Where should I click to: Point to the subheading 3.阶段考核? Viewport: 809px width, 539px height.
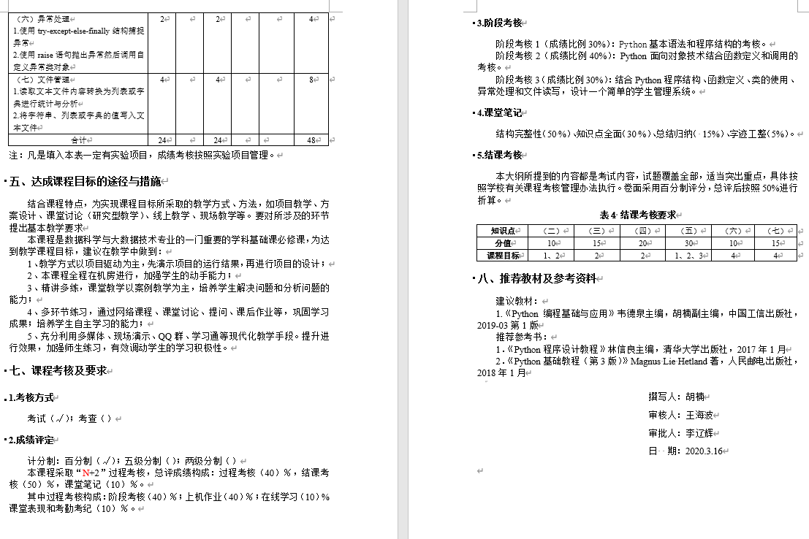[500, 23]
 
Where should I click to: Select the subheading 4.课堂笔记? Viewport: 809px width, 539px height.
[500, 112]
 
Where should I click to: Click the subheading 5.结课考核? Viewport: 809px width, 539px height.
[500, 155]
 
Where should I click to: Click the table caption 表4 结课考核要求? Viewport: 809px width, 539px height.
[637, 215]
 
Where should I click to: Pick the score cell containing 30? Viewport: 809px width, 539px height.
[687, 243]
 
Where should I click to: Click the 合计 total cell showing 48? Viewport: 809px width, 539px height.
[311, 140]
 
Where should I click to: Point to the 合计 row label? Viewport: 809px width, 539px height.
[78, 140]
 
